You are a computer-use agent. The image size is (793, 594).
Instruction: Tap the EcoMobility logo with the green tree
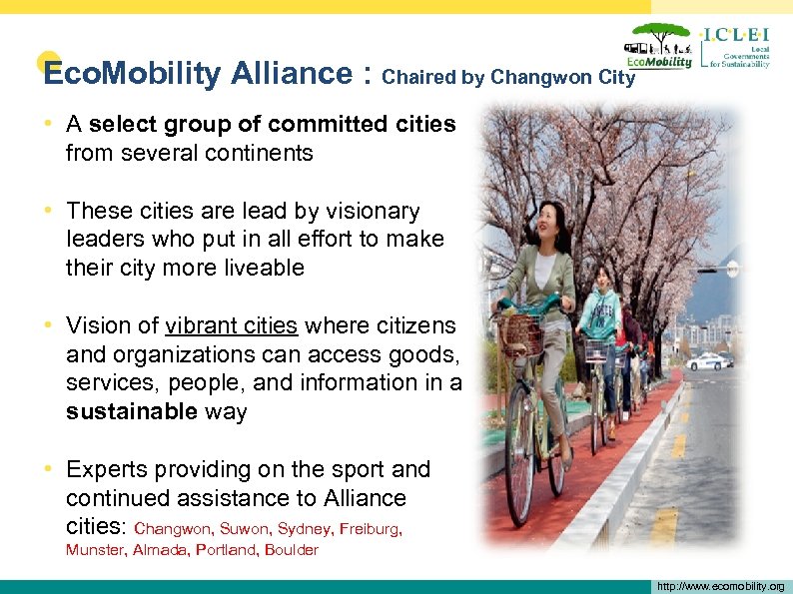658,47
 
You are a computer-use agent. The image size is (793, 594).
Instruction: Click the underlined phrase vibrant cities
232,325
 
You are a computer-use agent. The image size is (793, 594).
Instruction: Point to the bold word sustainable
130,411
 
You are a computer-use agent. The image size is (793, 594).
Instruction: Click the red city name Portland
227,550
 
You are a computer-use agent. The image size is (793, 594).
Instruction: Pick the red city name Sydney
303,529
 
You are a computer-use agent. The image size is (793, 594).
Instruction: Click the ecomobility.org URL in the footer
720,586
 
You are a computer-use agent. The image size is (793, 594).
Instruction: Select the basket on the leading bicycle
520,335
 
